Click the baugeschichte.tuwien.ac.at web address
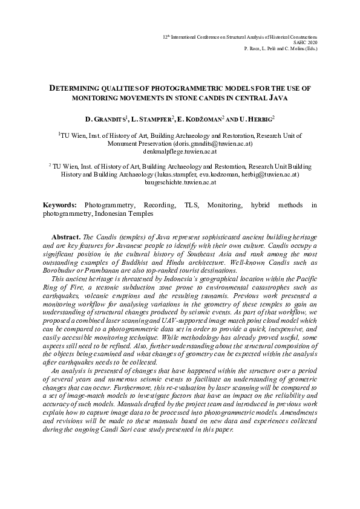180,182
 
